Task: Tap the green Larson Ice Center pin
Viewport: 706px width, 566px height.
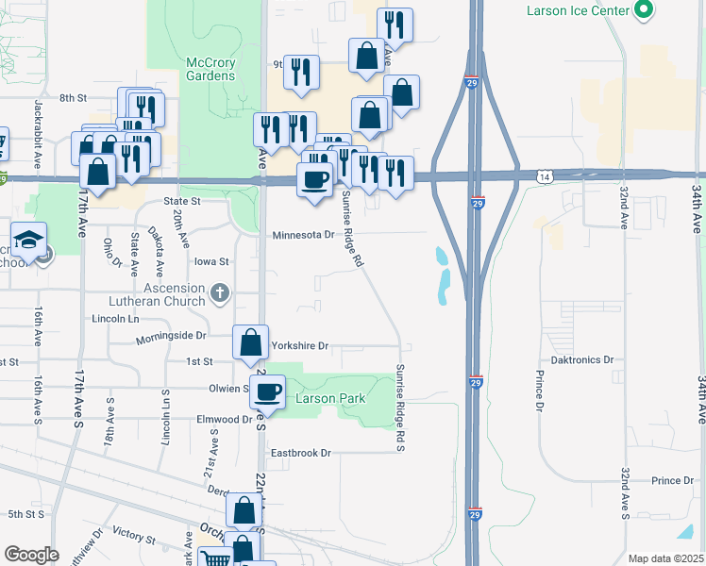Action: (x=645, y=10)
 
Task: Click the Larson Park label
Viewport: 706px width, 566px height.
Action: (x=330, y=399)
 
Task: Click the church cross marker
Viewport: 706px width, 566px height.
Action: (x=220, y=292)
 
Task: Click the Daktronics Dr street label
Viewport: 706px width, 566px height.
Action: (x=582, y=360)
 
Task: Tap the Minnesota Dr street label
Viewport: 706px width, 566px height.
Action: (x=304, y=235)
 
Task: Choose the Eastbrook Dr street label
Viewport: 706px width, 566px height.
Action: (x=301, y=453)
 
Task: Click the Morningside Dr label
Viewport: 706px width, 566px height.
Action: (x=171, y=336)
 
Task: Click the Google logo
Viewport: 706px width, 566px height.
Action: (x=31, y=555)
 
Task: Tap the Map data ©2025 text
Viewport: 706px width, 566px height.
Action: (x=665, y=558)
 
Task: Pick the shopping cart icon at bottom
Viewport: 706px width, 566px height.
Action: (x=217, y=559)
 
